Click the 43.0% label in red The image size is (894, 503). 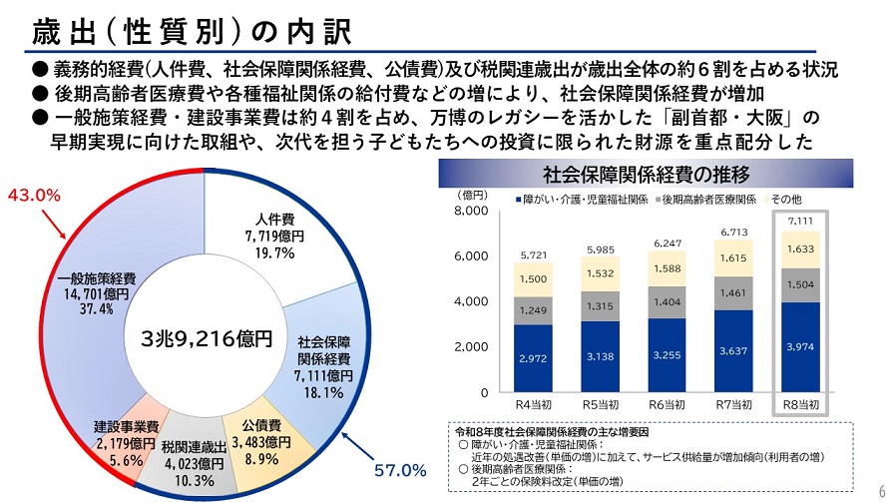(x=35, y=196)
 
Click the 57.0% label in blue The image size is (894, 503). (x=400, y=468)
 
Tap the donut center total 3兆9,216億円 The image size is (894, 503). (x=207, y=338)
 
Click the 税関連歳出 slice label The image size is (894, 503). (x=196, y=463)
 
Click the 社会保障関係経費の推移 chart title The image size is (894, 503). (x=645, y=175)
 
